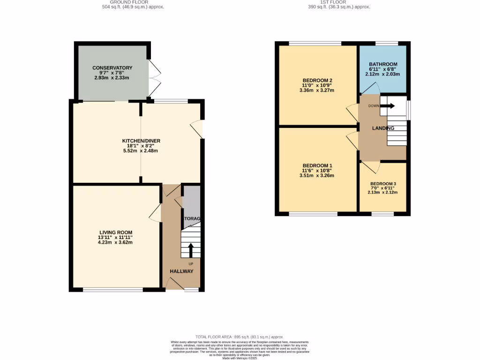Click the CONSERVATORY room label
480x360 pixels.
click(112, 68)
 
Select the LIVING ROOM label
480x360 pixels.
click(115, 232)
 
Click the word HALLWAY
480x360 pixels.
click(181, 271)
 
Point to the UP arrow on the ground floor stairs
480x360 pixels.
click(190, 250)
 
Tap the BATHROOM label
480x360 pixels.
click(383, 64)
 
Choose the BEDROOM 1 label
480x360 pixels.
click(317, 166)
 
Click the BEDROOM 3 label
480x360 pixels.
click(383, 184)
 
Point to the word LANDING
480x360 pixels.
click(383, 128)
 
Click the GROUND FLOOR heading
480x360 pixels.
click(133, 2)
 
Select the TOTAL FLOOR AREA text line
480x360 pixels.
click(240, 337)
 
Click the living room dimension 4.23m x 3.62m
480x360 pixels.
click(115, 243)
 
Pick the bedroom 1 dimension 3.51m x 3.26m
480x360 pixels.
click(317, 176)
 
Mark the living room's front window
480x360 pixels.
click(113, 290)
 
